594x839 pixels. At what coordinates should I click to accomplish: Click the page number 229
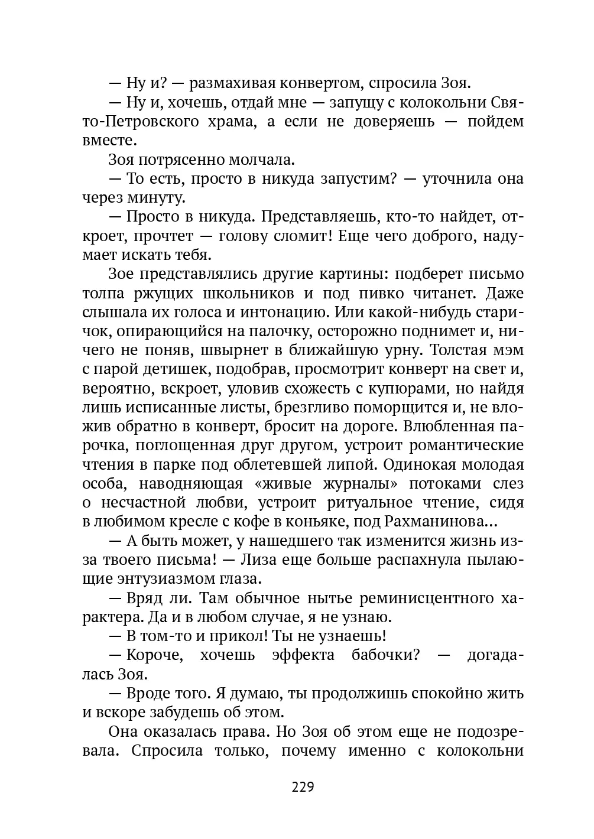point(302,787)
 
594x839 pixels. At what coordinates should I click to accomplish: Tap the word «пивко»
point(379,293)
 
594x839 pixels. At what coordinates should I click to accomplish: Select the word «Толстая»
point(459,350)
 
